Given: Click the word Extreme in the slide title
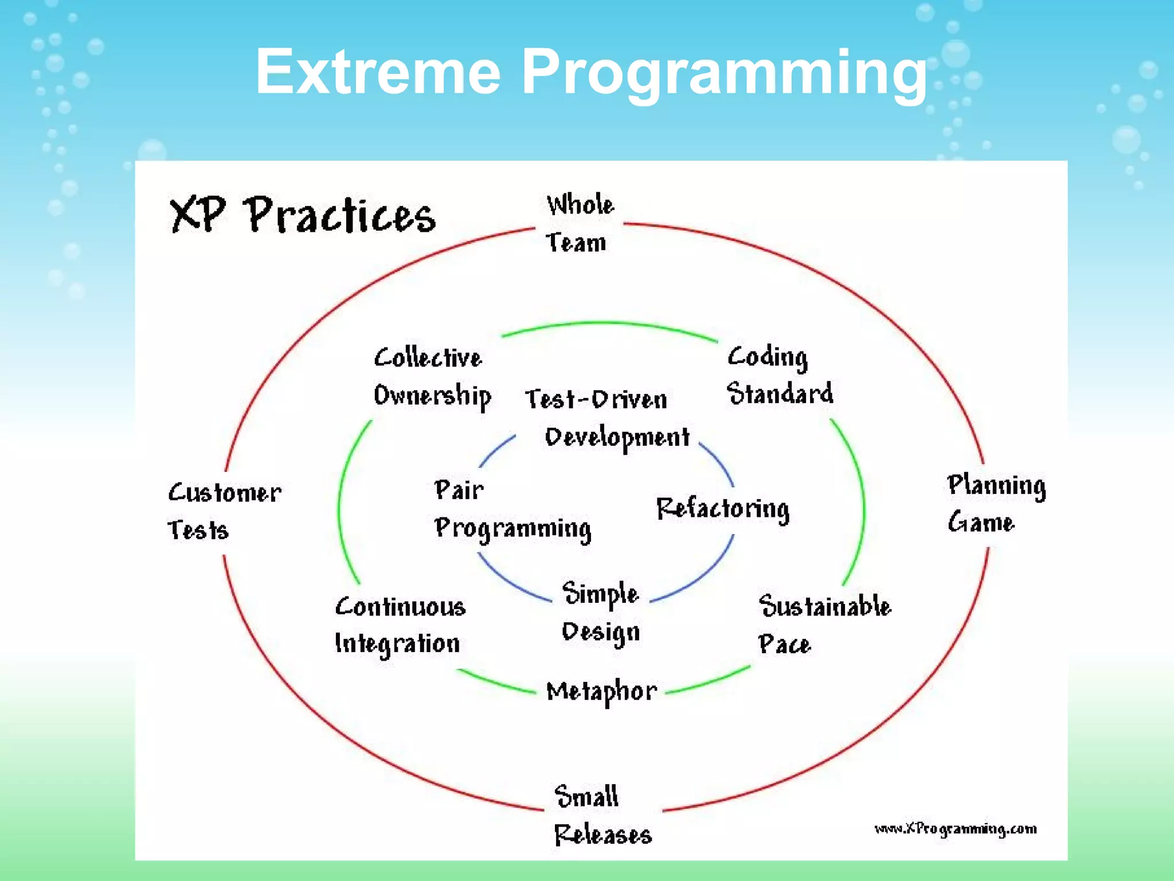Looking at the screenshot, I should click(x=378, y=73).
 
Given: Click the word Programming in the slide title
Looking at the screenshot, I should click(x=723, y=73).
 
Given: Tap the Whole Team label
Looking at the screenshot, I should click(x=578, y=224).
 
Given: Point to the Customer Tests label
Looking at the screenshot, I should click(x=224, y=510).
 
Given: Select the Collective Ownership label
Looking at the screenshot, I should click(x=431, y=377).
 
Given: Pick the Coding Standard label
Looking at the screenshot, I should click(x=778, y=376).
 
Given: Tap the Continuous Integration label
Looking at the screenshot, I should click(x=400, y=625).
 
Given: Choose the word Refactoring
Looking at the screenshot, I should click(x=722, y=509).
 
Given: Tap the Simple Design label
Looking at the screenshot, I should click(x=600, y=613).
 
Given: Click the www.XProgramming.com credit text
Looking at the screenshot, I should click(x=954, y=829).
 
